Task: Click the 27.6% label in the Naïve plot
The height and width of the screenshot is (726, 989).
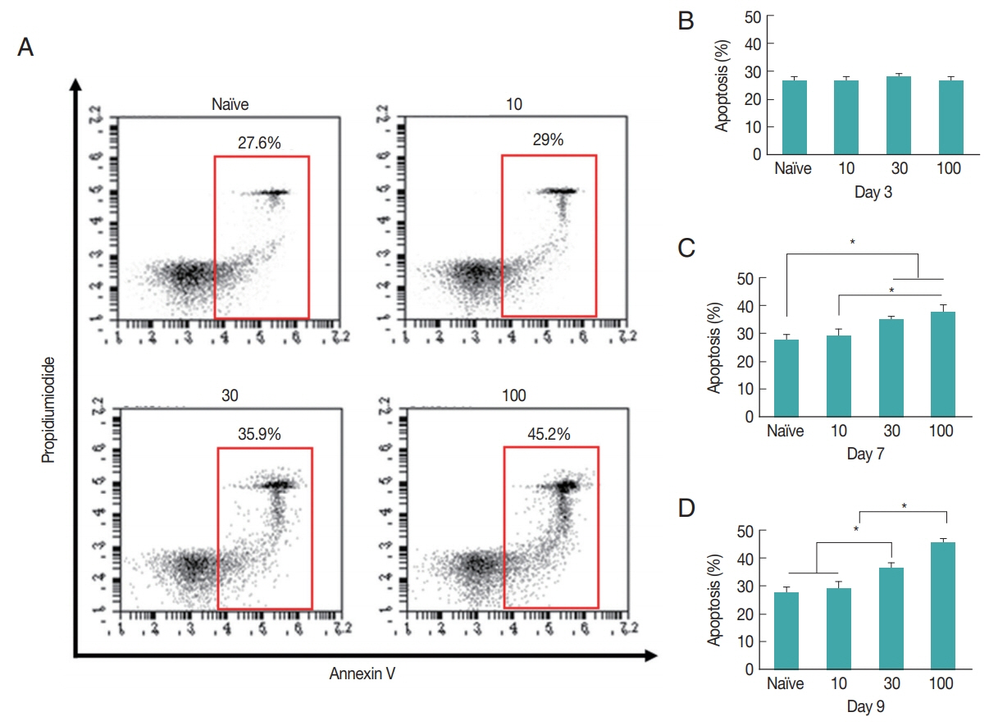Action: pos(260,143)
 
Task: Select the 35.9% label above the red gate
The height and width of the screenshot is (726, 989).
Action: pos(261,435)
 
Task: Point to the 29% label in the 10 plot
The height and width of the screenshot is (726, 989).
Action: pos(547,141)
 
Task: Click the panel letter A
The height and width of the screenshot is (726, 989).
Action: pos(25,48)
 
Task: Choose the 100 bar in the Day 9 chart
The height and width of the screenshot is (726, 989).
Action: pos(941,605)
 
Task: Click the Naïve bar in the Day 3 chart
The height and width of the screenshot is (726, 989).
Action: pos(793,117)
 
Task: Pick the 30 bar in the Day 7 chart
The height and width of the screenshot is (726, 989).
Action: pos(891,368)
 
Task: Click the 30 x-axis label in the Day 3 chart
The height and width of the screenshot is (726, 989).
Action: pos(893,169)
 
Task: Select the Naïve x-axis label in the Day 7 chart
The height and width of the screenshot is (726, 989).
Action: pos(786,431)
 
